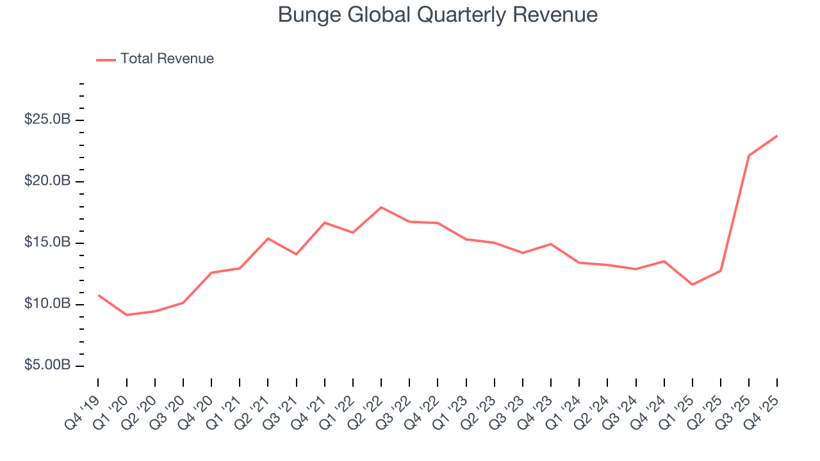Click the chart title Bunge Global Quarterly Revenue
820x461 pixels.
click(x=438, y=15)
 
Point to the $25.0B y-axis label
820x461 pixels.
click(x=47, y=120)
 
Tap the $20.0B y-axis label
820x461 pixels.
click(x=47, y=182)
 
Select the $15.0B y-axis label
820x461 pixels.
click(x=47, y=243)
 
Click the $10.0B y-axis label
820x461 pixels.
click(x=47, y=304)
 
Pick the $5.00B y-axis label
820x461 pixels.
click(x=47, y=366)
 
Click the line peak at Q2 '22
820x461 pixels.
click(x=381, y=207)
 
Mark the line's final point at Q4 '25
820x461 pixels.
click(x=777, y=136)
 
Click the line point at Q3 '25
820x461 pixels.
click(x=749, y=156)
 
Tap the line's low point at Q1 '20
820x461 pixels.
click(x=126, y=315)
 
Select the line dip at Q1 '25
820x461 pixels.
click(x=693, y=284)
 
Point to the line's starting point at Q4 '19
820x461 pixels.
click(x=98, y=295)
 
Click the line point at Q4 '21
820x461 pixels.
click(x=325, y=223)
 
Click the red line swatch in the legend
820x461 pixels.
click(x=106, y=60)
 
